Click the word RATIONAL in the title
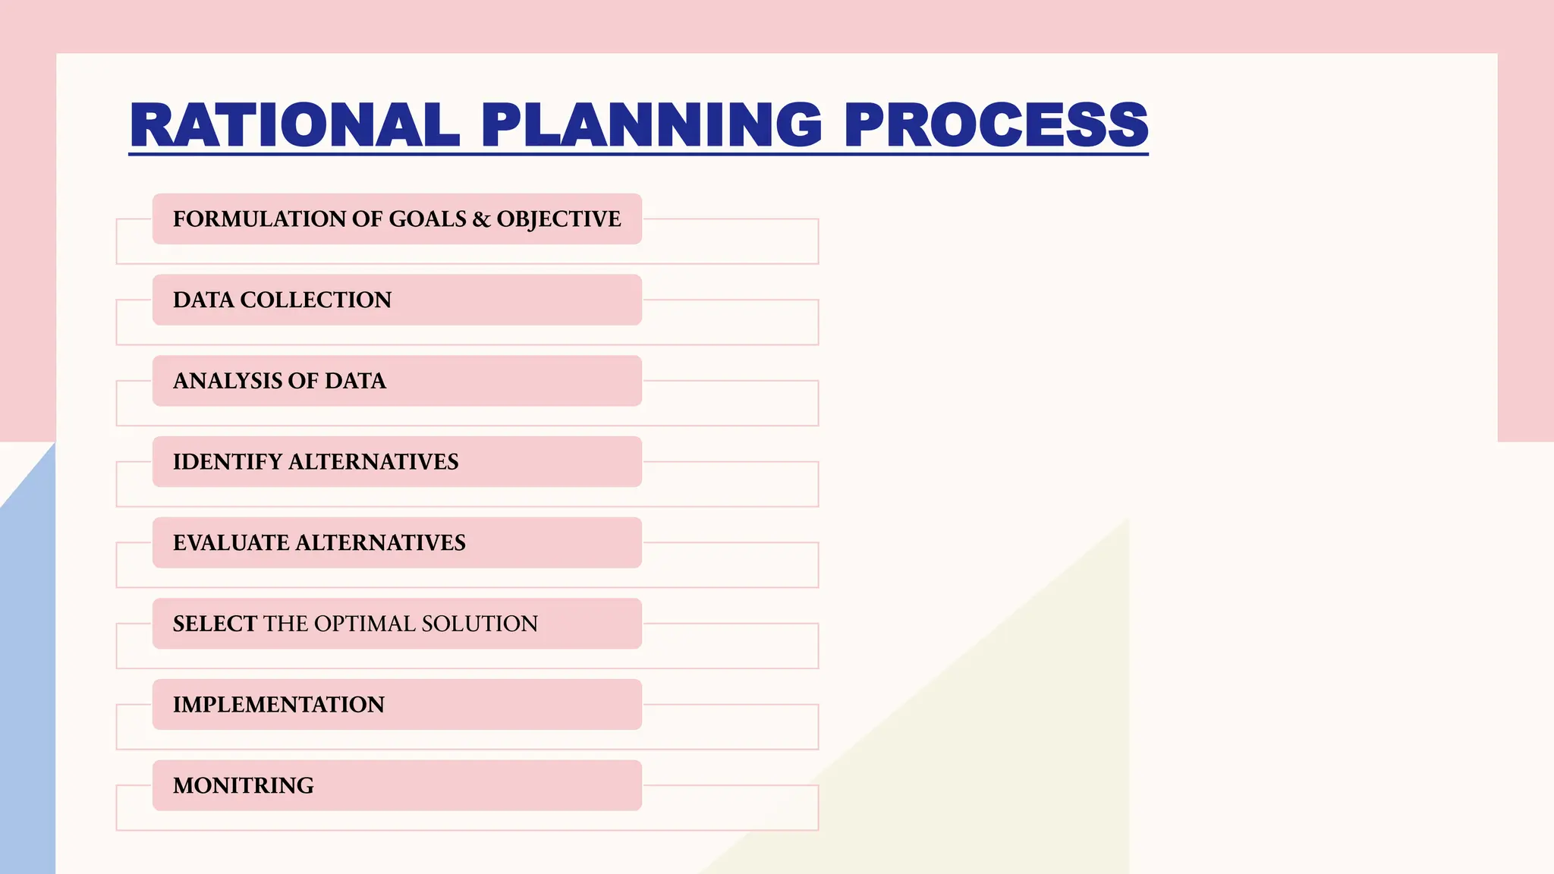pyautogui.click(x=294, y=124)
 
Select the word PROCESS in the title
pyautogui.click(x=996, y=124)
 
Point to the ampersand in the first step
pyautogui.click(x=481, y=219)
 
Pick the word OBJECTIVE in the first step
pyautogui.click(x=558, y=219)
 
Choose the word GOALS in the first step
pyautogui.click(x=427, y=219)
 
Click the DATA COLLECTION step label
pyautogui.click(x=282, y=300)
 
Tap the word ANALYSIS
pyautogui.click(x=226, y=381)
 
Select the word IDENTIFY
pyautogui.click(x=227, y=462)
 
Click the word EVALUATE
pyautogui.click(x=230, y=543)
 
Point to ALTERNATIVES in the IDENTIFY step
pyautogui.click(x=373, y=462)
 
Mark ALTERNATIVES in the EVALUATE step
pyautogui.click(x=380, y=543)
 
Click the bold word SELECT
pyautogui.click(x=215, y=624)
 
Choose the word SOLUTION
pyautogui.click(x=480, y=624)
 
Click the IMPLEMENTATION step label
pyautogui.click(x=278, y=705)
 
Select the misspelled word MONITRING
pyautogui.click(x=243, y=786)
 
